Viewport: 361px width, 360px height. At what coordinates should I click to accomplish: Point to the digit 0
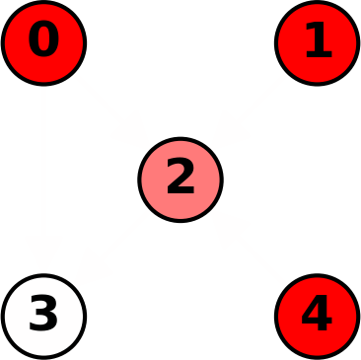[43, 41]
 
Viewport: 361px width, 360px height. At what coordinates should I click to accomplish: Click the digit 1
[318, 41]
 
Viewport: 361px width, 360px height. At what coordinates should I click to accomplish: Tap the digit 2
[180, 179]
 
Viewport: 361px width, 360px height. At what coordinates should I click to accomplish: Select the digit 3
[43, 315]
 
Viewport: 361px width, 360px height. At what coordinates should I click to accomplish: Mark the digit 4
[317, 315]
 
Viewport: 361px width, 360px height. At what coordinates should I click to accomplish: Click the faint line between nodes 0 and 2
[111, 110]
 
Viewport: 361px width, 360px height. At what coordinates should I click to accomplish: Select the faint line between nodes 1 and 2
[249, 110]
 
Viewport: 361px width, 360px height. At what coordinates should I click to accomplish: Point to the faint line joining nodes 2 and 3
[111, 248]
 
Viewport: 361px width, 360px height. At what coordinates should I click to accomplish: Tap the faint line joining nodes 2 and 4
[249, 248]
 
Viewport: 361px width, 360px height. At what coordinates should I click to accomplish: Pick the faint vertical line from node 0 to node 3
[43, 180]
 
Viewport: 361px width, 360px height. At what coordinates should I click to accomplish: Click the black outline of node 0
[3, 42]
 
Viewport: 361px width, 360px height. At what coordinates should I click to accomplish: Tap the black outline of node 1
[357, 42]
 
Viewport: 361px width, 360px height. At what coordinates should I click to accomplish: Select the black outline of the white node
[3, 316]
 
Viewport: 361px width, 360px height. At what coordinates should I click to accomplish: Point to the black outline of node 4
[357, 316]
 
